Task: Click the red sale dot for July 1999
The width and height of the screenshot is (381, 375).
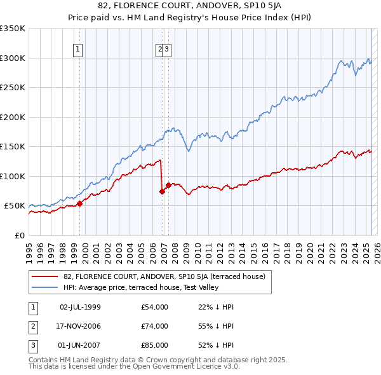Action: [79, 203]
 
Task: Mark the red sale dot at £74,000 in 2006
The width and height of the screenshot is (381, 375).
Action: [162, 191]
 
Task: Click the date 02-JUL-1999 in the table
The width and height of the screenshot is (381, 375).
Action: [80, 307]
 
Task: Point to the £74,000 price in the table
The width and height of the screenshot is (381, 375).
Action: [155, 326]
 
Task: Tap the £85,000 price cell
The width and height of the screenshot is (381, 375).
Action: [155, 345]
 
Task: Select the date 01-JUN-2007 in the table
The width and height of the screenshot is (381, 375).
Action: [80, 345]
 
